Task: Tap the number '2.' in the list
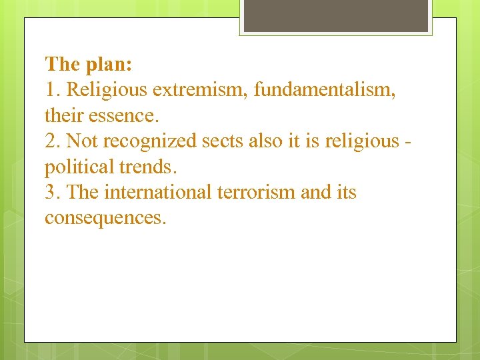[53, 141]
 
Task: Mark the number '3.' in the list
[53, 192]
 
